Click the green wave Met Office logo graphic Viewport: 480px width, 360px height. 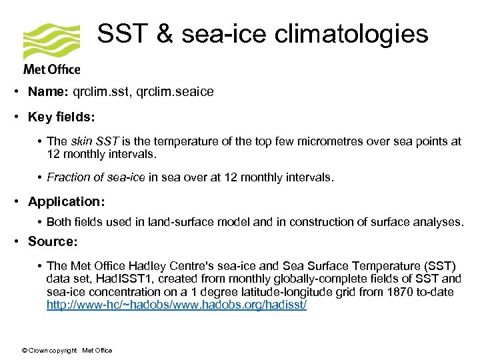(51, 42)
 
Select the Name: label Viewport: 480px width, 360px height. (52, 92)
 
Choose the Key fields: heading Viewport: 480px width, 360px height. (61, 117)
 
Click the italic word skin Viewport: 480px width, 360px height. (81, 141)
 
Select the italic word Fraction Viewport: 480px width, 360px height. (70, 177)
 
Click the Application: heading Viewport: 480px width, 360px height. (67, 201)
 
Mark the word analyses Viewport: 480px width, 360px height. (440, 221)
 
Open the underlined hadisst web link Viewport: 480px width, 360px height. (177, 305)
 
